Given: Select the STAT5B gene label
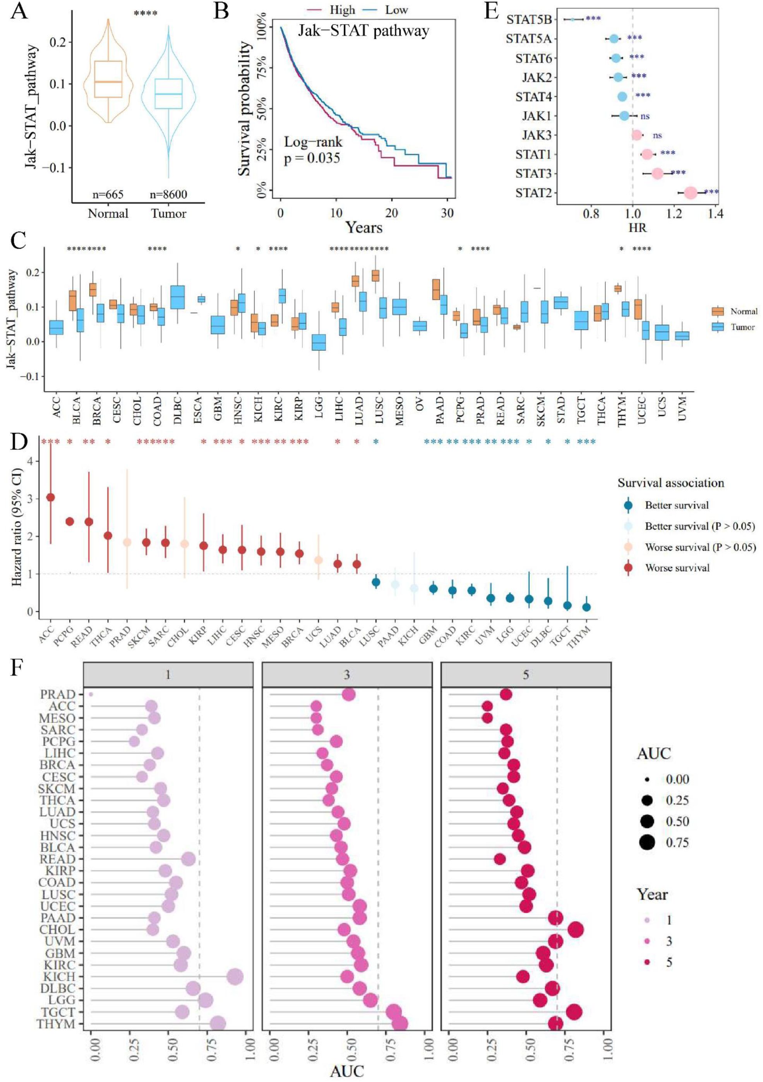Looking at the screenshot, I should pos(529,20).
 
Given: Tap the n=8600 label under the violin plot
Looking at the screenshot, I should pos(169,194).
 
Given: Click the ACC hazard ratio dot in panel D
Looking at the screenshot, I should pos(50,497).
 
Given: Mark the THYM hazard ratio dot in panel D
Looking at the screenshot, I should pos(586,607).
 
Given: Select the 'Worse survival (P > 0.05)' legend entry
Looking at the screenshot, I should pos(700,547).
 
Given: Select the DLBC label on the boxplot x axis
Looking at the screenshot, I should pos(178,407).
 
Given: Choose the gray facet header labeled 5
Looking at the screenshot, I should pos(526,675).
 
